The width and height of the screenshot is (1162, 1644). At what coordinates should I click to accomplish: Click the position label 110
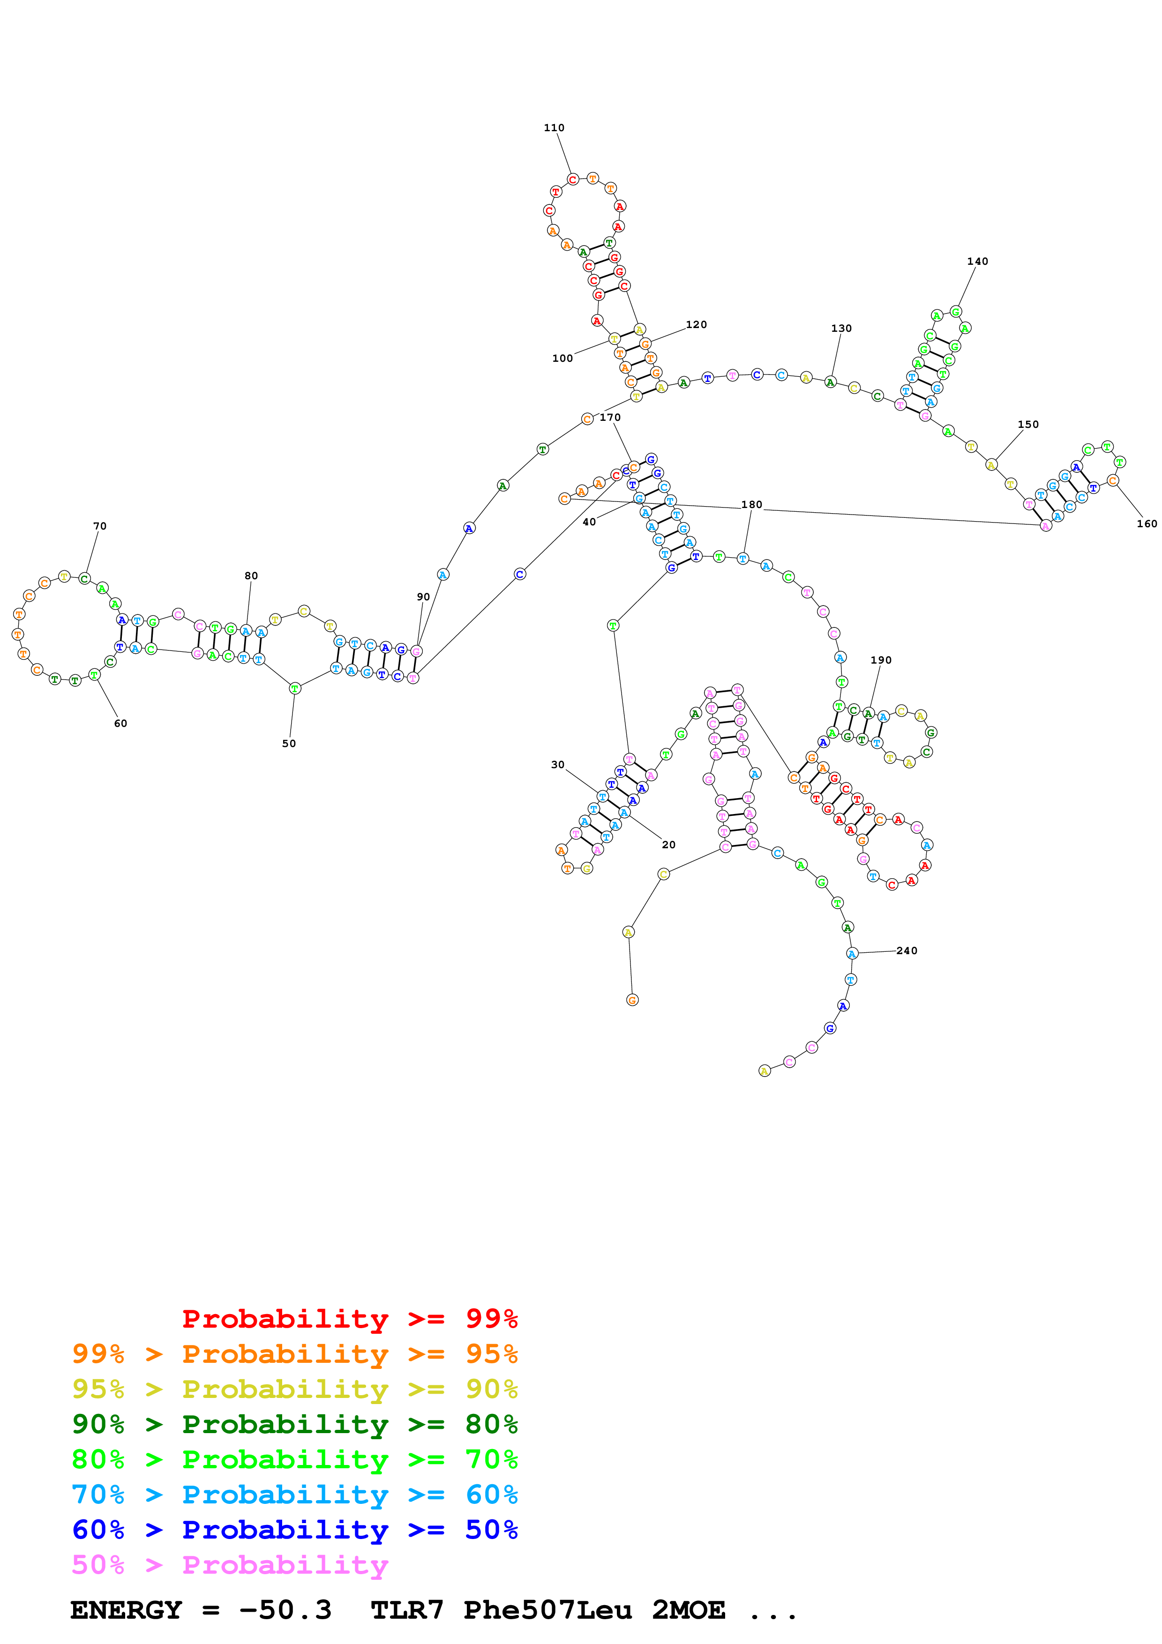(x=554, y=128)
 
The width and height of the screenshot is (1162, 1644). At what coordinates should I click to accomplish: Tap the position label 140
(x=977, y=262)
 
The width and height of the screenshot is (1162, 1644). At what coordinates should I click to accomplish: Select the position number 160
(x=1146, y=523)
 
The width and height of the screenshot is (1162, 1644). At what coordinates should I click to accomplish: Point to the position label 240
(x=907, y=951)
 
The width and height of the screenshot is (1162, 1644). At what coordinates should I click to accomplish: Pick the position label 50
(x=289, y=743)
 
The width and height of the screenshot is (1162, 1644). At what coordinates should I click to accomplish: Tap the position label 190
(x=881, y=660)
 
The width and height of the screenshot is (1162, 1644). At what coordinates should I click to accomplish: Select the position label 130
(x=841, y=328)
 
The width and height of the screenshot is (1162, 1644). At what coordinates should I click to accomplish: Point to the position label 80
(x=251, y=575)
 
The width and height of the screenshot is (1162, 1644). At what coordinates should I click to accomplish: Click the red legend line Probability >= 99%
(x=349, y=1318)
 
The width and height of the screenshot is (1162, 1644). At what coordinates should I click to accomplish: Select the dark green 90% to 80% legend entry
(x=294, y=1424)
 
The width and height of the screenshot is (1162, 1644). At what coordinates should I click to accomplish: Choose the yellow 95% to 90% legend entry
(x=294, y=1389)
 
